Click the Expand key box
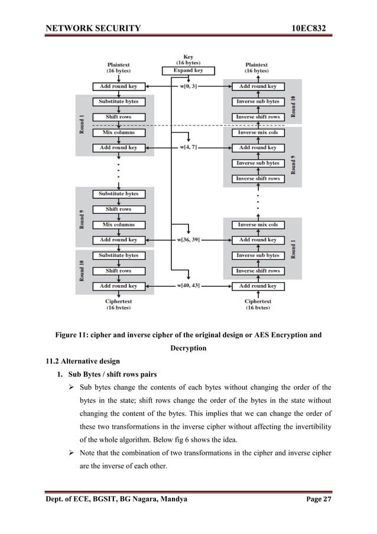point(188,70)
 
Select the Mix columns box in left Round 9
point(118,225)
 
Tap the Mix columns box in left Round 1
point(118,132)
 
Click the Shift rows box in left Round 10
point(118,271)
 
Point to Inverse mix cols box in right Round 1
point(257,225)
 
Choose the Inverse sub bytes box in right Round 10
point(257,102)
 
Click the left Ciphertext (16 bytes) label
point(118,304)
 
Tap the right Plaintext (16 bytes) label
point(257,67)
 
